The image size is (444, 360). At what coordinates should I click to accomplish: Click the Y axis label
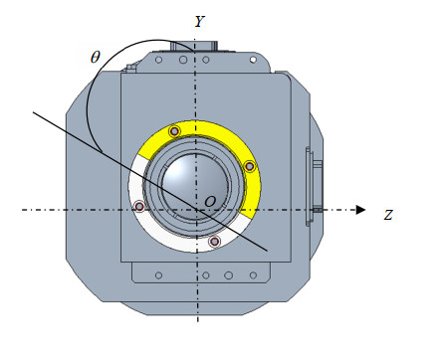(x=200, y=22)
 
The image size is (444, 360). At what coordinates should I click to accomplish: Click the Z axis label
(x=388, y=215)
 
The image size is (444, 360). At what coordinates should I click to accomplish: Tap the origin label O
(x=210, y=201)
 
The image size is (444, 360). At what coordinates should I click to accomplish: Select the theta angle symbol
(x=96, y=57)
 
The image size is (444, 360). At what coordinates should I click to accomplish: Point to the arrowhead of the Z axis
(x=360, y=210)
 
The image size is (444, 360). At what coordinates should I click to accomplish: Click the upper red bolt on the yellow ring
(x=174, y=131)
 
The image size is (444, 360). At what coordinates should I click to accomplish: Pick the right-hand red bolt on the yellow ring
(x=250, y=166)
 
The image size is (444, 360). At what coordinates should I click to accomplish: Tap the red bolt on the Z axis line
(x=139, y=207)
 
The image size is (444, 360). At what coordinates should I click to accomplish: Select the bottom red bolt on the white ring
(x=215, y=241)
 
